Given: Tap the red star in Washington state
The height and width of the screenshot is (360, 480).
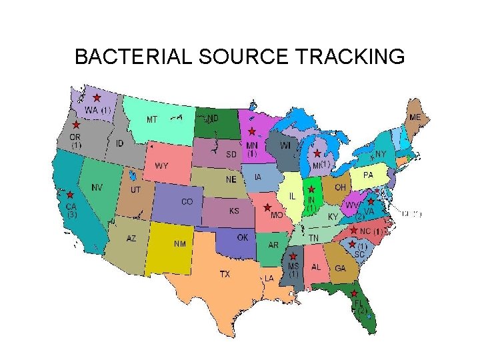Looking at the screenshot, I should (x=97, y=97).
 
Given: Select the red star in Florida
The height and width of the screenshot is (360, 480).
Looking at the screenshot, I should (x=354, y=293).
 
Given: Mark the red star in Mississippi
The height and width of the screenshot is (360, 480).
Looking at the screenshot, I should (x=293, y=256).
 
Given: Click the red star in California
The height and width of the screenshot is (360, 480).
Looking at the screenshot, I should (x=70, y=195).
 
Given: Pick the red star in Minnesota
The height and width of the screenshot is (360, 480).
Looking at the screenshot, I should (x=251, y=131).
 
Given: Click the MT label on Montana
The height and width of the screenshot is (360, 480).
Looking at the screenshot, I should (x=152, y=120).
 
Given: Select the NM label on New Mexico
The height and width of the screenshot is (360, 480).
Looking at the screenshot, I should (x=180, y=244).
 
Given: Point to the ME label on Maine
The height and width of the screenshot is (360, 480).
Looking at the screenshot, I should (x=415, y=117).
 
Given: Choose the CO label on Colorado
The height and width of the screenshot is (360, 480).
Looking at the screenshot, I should (x=187, y=201).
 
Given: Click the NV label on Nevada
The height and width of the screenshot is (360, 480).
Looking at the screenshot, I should (x=97, y=187).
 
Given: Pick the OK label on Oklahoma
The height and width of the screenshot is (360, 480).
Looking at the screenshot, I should (x=243, y=237).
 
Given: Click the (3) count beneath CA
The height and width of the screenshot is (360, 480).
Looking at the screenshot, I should (x=72, y=215).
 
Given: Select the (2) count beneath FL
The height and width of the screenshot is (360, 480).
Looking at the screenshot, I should (x=362, y=311).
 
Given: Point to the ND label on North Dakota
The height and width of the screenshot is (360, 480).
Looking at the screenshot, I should (x=212, y=118).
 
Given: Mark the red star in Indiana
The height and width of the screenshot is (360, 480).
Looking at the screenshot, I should (x=311, y=190).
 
